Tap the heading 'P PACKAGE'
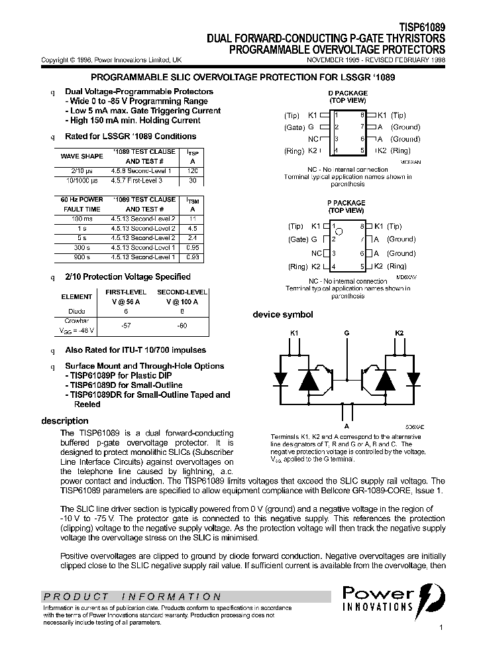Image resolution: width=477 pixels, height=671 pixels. (346, 203)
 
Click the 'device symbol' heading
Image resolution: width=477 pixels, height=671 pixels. (283, 315)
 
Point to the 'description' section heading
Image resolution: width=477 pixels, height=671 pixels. (64, 421)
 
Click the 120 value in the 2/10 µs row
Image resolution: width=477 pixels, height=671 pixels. (192, 171)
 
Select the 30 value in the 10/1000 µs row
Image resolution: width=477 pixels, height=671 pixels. (192, 180)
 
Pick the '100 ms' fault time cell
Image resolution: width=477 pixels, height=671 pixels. (82, 219)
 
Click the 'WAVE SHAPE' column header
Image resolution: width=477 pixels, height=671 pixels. (81, 156)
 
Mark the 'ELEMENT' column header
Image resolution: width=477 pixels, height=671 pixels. (76, 297)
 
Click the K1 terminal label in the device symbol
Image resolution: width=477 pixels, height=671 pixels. (295, 333)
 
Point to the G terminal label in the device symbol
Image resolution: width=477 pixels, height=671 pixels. (346, 333)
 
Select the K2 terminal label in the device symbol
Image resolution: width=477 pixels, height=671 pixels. (399, 333)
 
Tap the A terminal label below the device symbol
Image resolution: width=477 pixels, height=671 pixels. (346, 426)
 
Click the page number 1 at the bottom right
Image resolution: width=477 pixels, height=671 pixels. (441, 627)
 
